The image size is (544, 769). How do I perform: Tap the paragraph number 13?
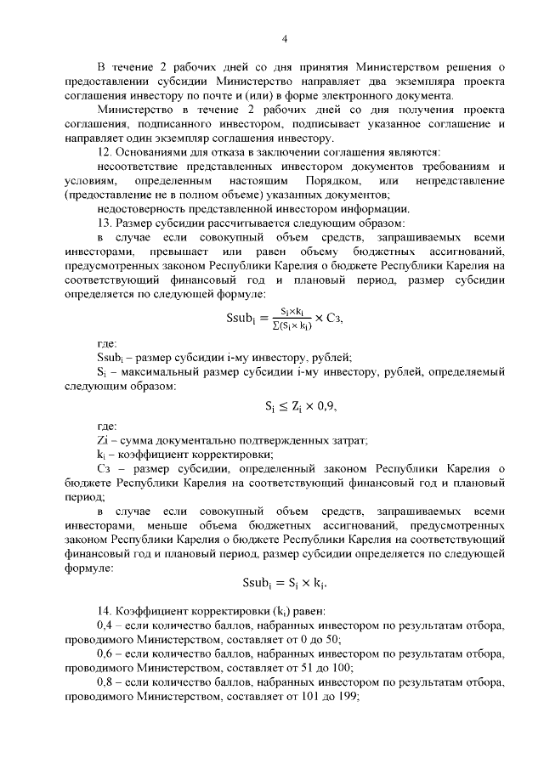pos(105,222)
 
